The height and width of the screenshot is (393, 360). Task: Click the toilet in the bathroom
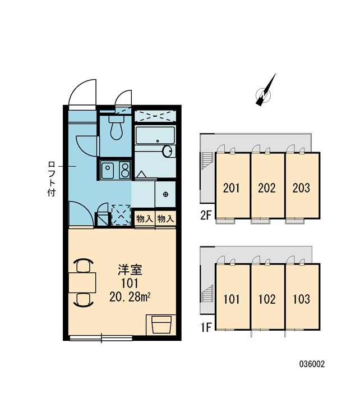tap(116, 127)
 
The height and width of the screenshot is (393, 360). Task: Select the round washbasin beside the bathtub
tap(167, 151)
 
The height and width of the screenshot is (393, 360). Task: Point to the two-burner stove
tap(124, 170)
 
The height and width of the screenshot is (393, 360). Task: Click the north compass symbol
tap(265, 90)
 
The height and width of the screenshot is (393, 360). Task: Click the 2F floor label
tap(206, 215)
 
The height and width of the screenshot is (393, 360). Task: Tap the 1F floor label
tap(206, 327)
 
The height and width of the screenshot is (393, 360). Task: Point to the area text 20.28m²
tap(130, 297)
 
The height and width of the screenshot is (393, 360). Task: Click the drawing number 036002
tap(312, 364)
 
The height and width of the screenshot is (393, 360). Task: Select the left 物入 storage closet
tap(145, 218)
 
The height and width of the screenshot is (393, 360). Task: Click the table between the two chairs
tap(82, 283)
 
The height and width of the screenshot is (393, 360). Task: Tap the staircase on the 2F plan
tap(207, 161)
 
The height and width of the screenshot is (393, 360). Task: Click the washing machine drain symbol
tap(165, 194)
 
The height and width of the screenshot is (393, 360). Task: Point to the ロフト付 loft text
tap(52, 179)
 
